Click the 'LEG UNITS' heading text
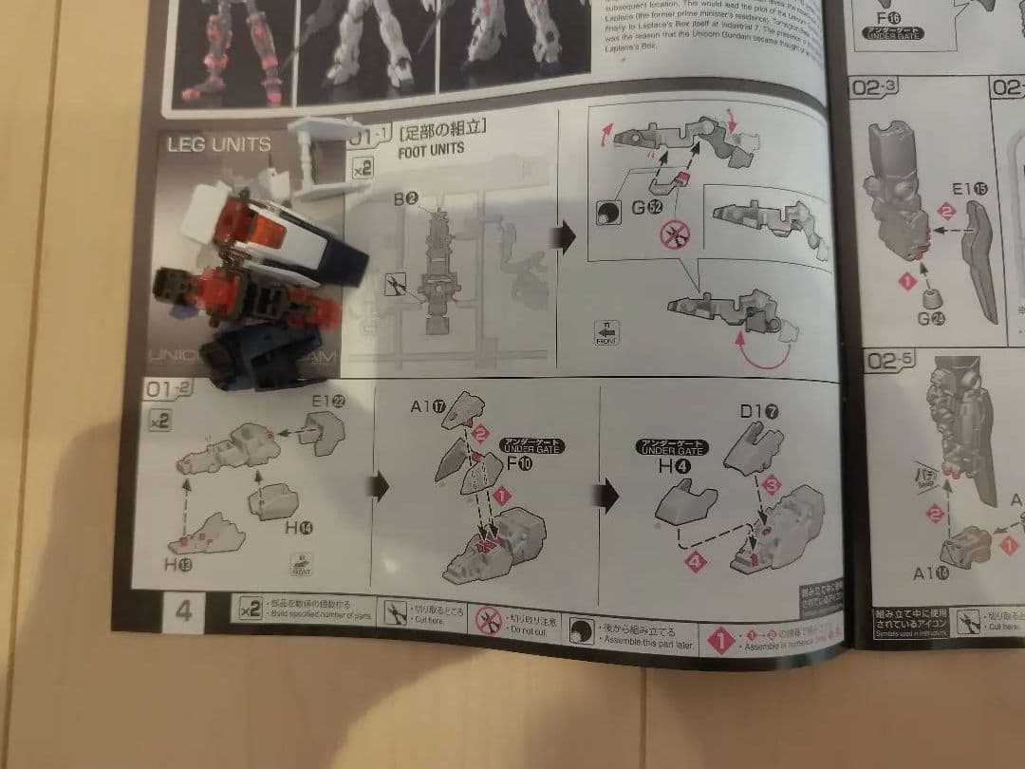[218, 145]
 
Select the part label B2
[409, 198]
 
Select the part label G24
[930, 319]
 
